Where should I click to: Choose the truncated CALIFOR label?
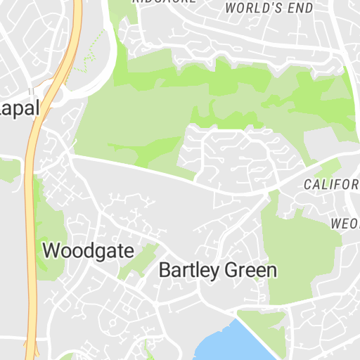coord(331,184)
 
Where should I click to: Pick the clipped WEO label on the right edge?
coord(345,224)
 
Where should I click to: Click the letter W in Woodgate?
coord(51,250)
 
